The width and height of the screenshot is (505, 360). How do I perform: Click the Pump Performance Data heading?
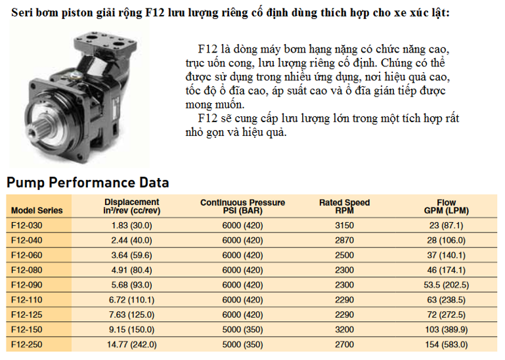(88, 183)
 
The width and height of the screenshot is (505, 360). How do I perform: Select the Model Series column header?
(37, 210)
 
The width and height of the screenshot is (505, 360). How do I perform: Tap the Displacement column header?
(132, 206)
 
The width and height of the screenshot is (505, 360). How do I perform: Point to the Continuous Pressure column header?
(242, 206)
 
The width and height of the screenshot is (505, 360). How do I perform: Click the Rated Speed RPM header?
(344, 206)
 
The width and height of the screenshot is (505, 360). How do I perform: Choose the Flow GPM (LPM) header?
(446, 206)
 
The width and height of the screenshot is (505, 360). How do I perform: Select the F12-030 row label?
(27, 225)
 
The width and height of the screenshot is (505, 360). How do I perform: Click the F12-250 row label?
(27, 344)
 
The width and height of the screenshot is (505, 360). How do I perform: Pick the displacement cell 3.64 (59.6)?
(132, 256)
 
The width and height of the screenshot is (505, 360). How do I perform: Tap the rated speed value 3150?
(344, 225)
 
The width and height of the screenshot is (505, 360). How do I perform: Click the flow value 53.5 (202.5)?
(446, 285)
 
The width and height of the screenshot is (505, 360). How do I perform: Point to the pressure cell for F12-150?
(242, 330)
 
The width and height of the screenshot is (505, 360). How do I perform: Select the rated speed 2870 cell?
(344, 240)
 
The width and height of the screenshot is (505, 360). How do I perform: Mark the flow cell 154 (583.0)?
(446, 344)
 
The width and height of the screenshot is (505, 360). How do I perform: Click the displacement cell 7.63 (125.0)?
(132, 315)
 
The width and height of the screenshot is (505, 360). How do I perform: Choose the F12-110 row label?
(27, 300)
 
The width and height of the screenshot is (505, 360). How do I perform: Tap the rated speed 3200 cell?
(344, 330)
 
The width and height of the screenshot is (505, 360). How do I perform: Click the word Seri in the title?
(22, 12)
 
